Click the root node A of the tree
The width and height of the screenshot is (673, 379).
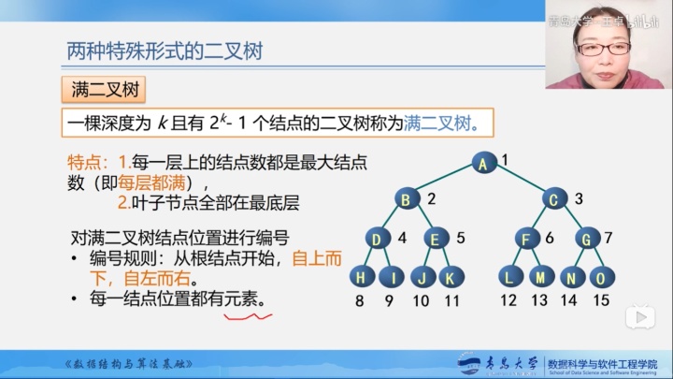(483, 163)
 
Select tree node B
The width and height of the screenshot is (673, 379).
(405, 198)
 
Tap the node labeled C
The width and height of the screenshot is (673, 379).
(554, 198)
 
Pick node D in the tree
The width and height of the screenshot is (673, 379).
(376, 239)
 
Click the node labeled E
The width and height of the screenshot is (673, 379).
(435, 239)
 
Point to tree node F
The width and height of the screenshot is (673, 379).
(525, 239)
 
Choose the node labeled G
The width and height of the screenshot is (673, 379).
(585, 239)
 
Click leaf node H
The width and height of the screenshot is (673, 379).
(361, 276)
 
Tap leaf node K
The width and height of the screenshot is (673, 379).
(451, 276)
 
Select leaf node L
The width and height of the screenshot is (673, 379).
(509, 276)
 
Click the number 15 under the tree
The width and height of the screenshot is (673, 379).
(601, 300)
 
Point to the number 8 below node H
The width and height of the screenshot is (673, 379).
(361, 300)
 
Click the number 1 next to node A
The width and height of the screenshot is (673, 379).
(505, 160)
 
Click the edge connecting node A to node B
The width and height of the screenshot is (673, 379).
(444, 181)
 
